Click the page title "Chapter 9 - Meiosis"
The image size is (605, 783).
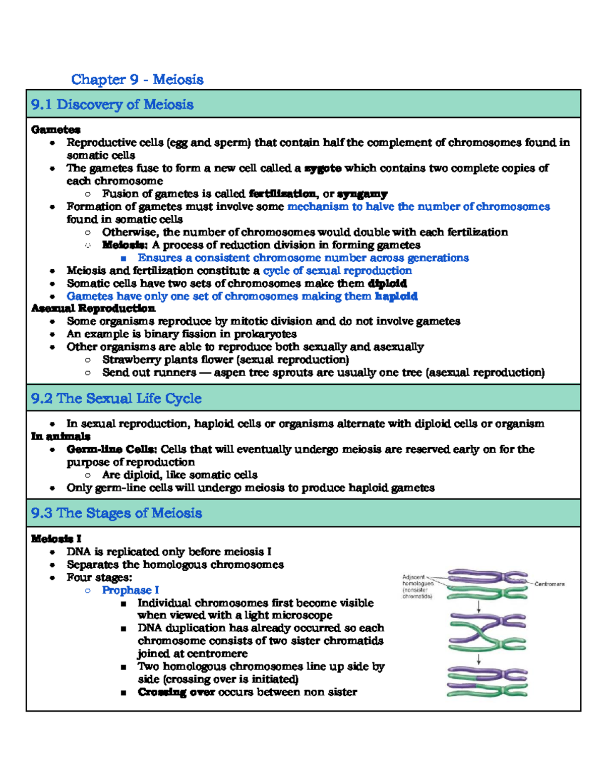[x=137, y=80]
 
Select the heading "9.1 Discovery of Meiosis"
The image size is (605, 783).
[x=112, y=104]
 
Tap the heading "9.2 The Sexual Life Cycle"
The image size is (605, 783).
[x=116, y=398]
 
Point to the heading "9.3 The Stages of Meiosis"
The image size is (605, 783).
[x=116, y=513]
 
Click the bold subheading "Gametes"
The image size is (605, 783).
[x=55, y=130]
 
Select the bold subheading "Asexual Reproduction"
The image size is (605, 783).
[x=93, y=308]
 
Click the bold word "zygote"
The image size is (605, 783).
[x=323, y=168]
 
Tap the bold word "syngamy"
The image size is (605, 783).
[x=362, y=194]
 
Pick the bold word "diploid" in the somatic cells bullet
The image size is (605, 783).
[x=387, y=283]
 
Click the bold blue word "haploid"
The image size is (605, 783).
[x=396, y=296]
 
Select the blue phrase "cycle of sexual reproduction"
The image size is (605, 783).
[x=337, y=271]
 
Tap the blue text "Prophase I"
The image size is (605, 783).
[x=130, y=590]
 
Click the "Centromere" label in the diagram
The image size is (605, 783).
[x=550, y=584]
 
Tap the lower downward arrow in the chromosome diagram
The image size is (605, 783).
[x=479, y=659]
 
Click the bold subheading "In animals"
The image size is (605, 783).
[x=60, y=436]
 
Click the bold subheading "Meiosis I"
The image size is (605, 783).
[x=56, y=538]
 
